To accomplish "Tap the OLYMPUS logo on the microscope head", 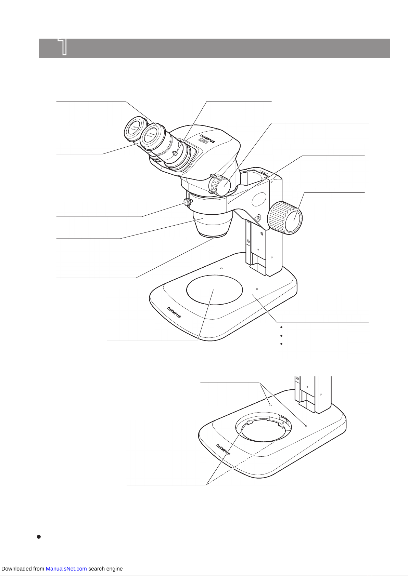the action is click(x=207, y=138).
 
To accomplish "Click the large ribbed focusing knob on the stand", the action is click(x=285, y=218).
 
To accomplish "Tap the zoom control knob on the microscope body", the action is click(x=219, y=185).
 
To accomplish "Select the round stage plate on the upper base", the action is click(x=214, y=290).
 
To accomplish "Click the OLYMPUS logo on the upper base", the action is click(x=174, y=313).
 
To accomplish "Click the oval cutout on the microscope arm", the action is click(x=259, y=199).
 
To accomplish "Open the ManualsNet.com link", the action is click(x=66, y=568).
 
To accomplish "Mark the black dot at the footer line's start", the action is click(x=39, y=537).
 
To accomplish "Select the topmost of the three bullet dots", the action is click(x=281, y=327).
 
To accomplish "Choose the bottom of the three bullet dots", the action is click(x=281, y=344).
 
